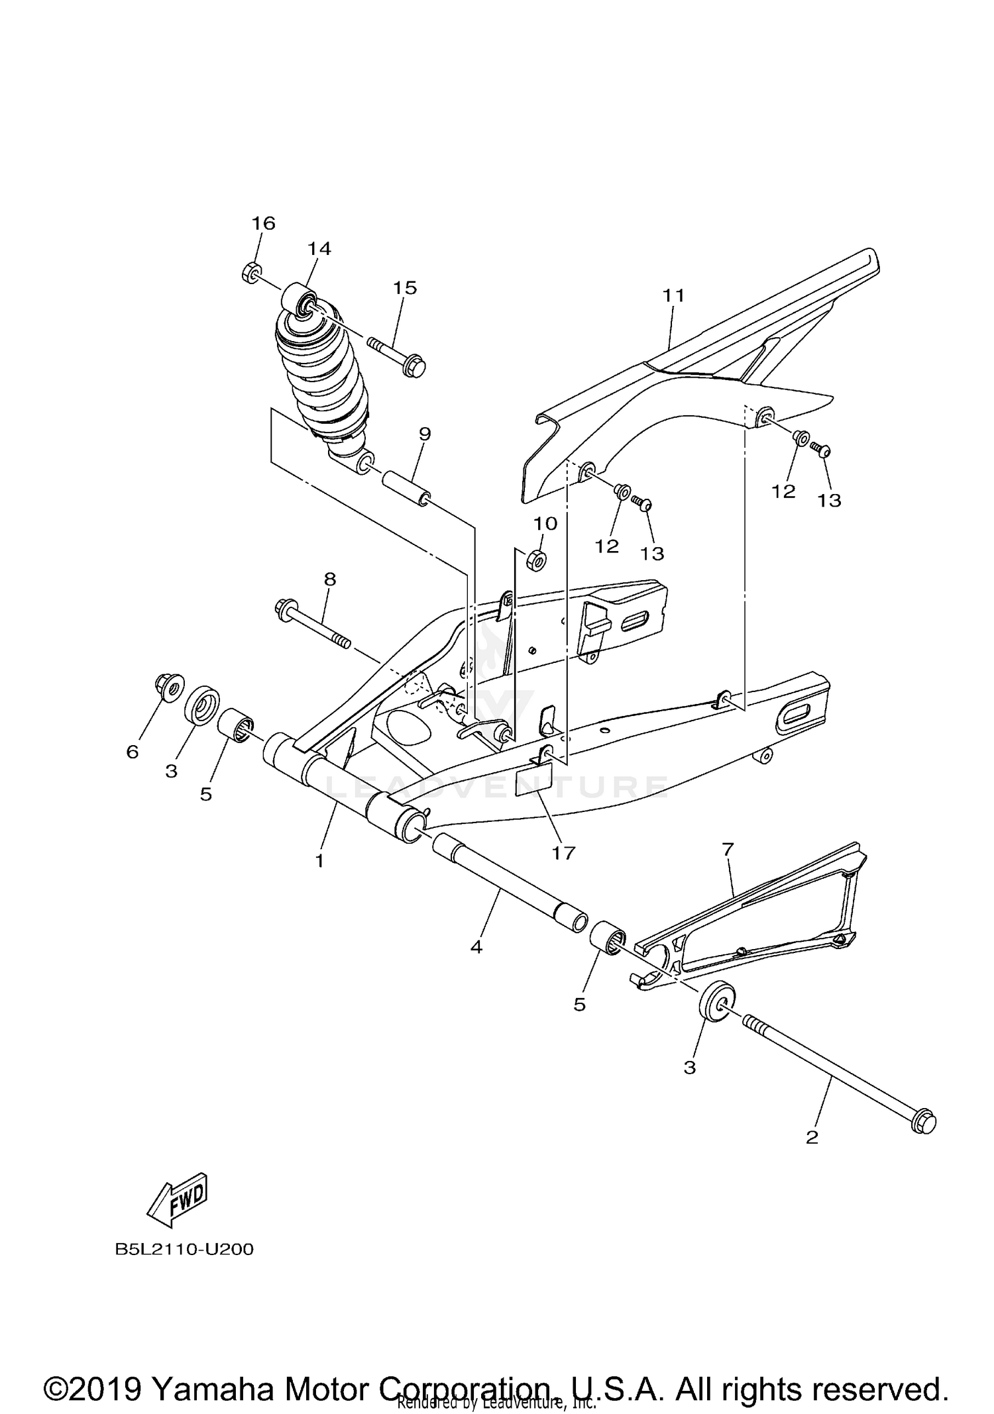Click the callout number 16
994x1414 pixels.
(263, 223)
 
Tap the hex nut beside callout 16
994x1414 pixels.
(250, 272)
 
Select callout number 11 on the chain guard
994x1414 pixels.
(673, 295)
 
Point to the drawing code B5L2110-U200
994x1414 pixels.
(185, 1250)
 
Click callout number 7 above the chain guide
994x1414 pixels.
(728, 848)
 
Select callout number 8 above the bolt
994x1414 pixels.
(330, 579)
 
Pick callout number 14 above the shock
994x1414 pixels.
(319, 248)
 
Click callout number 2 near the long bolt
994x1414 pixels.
(812, 1137)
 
